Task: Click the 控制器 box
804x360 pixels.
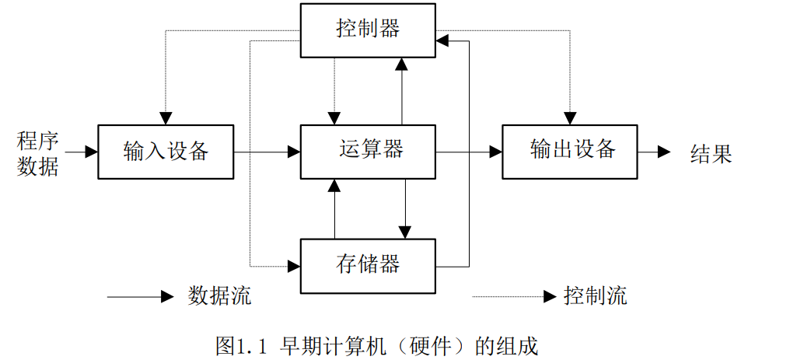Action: click(368, 30)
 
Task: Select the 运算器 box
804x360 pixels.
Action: click(368, 151)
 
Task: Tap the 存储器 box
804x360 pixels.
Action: click(368, 265)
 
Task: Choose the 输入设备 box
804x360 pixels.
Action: click(166, 151)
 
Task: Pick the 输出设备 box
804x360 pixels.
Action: click(570, 151)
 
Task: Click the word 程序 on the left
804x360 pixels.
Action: click(37, 141)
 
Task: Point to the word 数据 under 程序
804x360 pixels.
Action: click(37, 165)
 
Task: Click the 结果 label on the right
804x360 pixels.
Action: click(711, 153)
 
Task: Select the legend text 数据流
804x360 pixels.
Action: click(219, 296)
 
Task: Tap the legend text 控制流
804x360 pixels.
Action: click(595, 296)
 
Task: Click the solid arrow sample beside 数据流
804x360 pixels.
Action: click(140, 296)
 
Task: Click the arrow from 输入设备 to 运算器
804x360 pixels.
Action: click(267, 152)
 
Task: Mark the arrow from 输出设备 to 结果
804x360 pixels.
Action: click(653, 152)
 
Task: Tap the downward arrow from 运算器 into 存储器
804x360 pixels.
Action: click(405, 208)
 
